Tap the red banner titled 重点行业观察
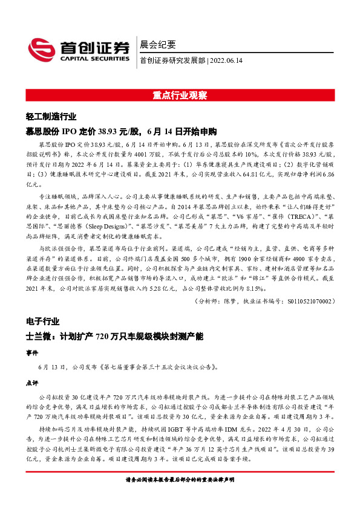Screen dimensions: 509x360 (180, 96)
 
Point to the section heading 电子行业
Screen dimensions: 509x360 (42, 317)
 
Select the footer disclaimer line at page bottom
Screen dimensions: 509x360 (180, 496)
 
